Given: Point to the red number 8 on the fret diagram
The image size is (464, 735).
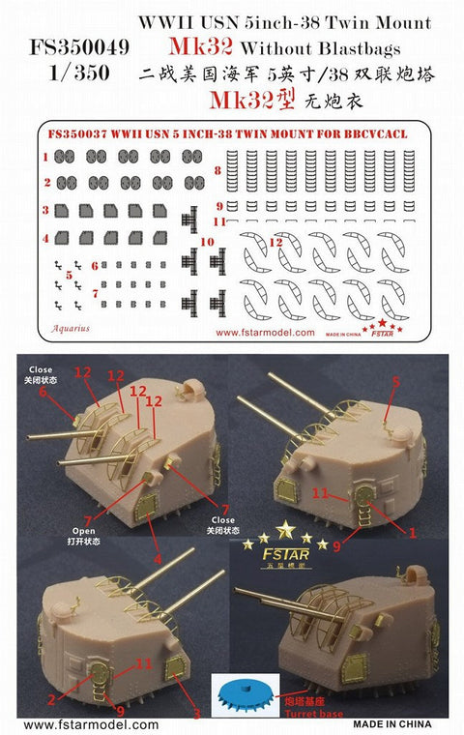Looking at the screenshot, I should (x=218, y=171).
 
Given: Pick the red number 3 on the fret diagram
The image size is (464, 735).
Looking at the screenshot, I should (x=44, y=209).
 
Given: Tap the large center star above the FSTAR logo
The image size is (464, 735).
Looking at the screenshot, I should (x=285, y=529).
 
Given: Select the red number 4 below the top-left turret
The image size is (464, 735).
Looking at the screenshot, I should (x=158, y=558).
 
